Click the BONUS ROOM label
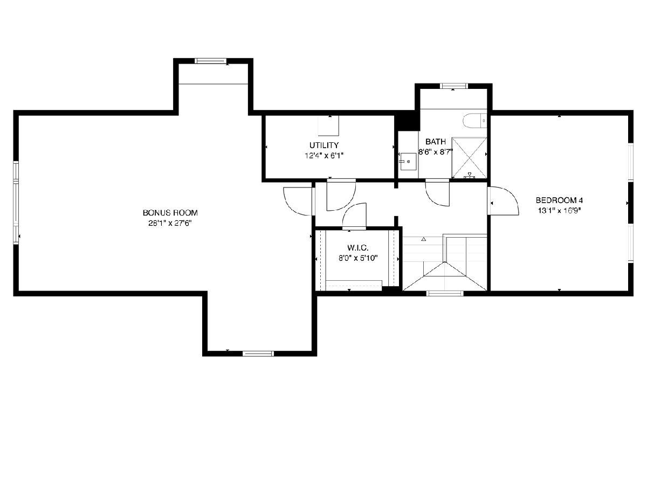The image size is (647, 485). coord(170,213)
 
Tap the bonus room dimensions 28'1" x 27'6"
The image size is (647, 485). coord(170,223)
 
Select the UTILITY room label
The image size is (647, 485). coord(324,145)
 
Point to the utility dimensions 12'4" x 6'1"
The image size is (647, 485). coord(324,156)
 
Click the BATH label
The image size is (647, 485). coord(435,142)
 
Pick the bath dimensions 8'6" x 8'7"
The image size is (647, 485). coord(436,153)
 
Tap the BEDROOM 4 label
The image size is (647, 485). coord(559,200)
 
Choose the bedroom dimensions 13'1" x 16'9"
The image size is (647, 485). coord(559,211)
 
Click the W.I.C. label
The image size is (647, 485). coord(358,248)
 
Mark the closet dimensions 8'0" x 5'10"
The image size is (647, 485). coord(358,258)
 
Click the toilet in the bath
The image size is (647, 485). coord(474,121)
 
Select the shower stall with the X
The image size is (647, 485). coord(469,158)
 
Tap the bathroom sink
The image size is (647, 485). coord(408,162)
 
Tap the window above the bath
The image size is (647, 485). coord(453,86)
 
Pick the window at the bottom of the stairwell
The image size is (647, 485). coord(445,293)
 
